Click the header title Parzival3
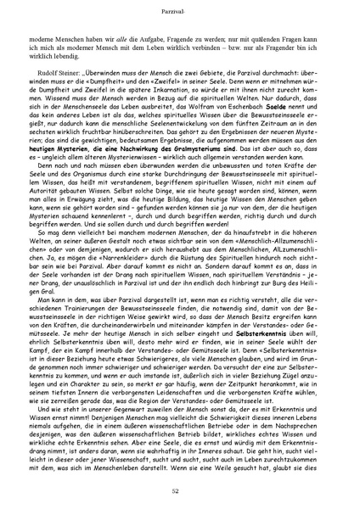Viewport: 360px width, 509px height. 179,11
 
